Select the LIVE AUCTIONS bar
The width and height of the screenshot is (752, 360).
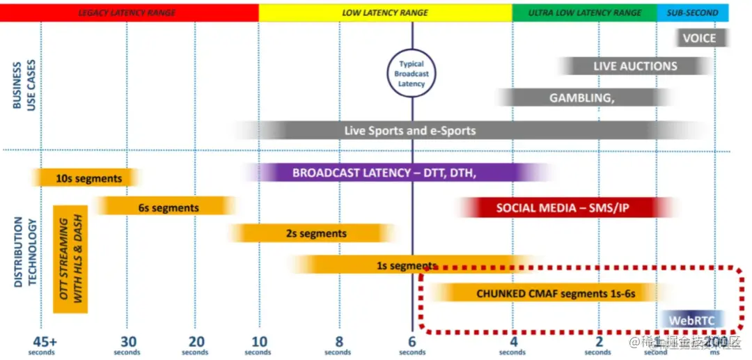[x=635, y=66]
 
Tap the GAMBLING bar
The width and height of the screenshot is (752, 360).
[x=581, y=97]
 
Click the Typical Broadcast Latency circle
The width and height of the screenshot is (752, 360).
[x=412, y=74]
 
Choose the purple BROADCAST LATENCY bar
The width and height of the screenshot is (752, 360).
[x=384, y=173]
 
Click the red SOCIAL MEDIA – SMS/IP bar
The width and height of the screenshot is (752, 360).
[x=563, y=208]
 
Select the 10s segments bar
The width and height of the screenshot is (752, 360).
[x=88, y=178]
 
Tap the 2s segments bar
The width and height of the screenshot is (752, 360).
[x=315, y=233]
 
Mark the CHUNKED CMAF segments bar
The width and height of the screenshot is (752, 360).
[x=556, y=294]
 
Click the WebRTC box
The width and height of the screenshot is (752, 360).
[x=692, y=320]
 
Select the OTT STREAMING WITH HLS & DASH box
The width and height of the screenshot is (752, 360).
[x=70, y=259]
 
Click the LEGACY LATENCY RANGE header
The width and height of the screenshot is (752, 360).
[x=127, y=13]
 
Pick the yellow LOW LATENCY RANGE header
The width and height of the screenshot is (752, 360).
[x=385, y=13]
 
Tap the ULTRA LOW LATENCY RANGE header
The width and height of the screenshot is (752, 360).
[x=585, y=13]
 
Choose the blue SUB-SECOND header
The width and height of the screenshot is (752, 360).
[x=693, y=13]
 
